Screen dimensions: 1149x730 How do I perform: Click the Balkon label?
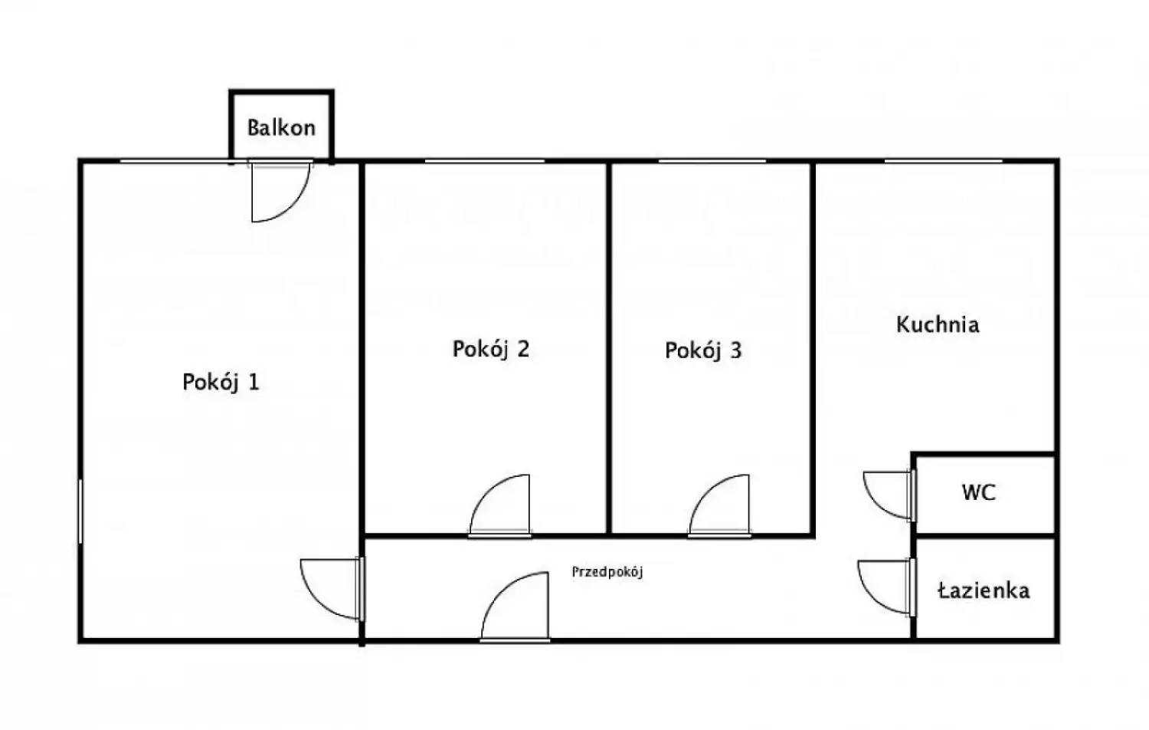(x=281, y=128)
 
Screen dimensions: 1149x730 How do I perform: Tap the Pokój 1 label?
(x=221, y=383)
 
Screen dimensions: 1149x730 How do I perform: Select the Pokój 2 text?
(x=490, y=349)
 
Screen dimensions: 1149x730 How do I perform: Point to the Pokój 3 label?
(x=703, y=350)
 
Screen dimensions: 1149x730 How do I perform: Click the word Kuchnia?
(x=938, y=324)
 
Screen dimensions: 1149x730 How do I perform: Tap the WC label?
(x=979, y=492)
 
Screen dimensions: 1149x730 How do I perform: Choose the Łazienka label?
(x=984, y=590)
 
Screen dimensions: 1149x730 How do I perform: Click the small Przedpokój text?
(x=607, y=572)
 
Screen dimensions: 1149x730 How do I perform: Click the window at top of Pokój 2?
(x=485, y=161)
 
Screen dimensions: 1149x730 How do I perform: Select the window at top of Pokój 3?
(x=712, y=161)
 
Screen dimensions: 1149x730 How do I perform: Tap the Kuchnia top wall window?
(x=943, y=161)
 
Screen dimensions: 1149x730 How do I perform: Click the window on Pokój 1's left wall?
(x=80, y=511)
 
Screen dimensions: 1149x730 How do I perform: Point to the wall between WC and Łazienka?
(x=985, y=537)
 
